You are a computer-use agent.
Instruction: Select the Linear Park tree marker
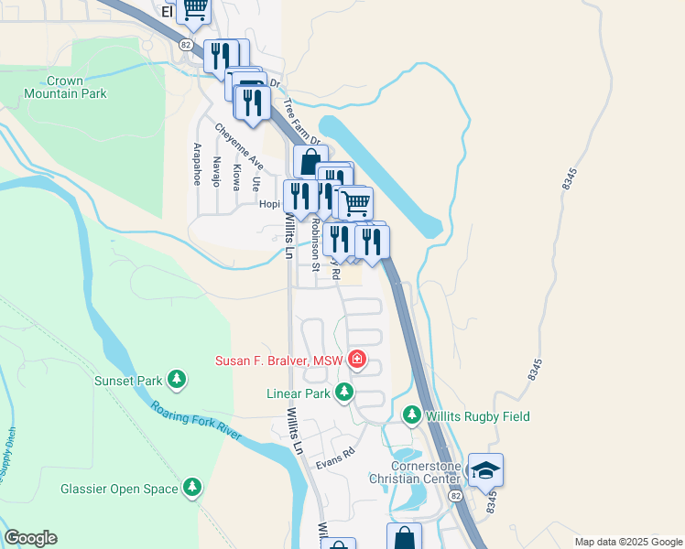[343, 393]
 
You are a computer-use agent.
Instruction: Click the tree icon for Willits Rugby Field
[412, 416]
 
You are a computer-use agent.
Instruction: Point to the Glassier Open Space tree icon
[192, 489]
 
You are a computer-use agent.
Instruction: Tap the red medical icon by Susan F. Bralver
[357, 361]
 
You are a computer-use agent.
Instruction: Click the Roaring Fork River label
[196, 423]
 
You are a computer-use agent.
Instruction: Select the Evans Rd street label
[335, 459]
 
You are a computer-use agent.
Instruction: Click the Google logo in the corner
[30, 538]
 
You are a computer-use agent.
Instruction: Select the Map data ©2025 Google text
[627, 542]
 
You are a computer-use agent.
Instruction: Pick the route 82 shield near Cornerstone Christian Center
[455, 495]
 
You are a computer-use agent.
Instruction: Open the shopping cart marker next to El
[193, 9]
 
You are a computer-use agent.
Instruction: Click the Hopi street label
[267, 205]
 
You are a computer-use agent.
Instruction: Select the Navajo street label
[217, 171]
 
